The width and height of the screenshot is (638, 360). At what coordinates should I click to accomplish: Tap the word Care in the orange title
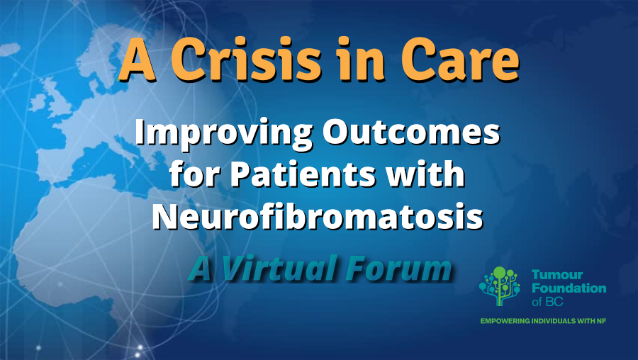[460, 60]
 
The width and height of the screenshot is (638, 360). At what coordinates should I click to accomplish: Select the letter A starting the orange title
[137, 60]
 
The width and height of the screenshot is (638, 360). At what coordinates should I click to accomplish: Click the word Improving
[224, 133]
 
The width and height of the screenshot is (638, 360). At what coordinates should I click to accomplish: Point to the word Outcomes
[411, 133]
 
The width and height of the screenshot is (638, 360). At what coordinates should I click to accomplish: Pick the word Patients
[303, 174]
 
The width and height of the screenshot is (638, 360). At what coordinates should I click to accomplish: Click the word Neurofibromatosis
[318, 215]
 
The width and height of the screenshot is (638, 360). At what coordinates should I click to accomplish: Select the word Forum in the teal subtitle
[400, 268]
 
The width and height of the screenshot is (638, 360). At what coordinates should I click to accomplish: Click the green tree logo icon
[500, 286]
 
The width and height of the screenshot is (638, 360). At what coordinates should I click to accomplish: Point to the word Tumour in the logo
[557, 274]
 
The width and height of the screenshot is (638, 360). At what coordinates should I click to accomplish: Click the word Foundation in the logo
[569, 288]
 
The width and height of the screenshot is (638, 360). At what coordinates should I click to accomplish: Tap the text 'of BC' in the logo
[547, 301]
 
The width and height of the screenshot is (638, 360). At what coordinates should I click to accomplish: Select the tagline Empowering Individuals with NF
[543, 321]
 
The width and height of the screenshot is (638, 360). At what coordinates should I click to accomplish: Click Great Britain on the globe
[57, 97]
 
